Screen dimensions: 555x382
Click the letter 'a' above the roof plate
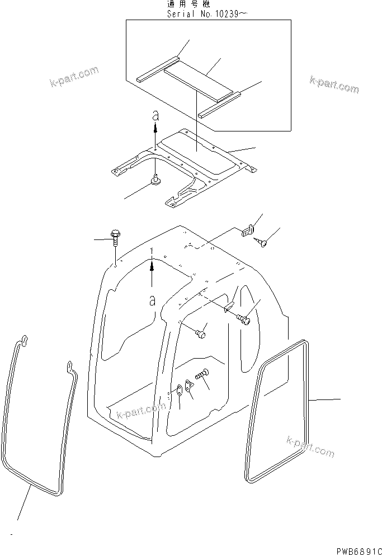pos(156,116)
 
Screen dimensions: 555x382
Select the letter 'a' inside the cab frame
pos(152,300)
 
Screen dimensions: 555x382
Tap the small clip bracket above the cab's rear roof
pos(248,230)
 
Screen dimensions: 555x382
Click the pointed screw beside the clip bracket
pos(263,242)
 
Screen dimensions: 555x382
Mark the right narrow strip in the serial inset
pos(221,106)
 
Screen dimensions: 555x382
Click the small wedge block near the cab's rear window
pos(229,307)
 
